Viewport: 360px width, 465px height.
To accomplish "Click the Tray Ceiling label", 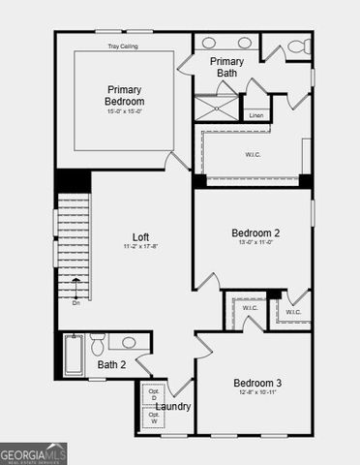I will (125, 45).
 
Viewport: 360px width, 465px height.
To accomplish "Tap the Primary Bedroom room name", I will (125, 95).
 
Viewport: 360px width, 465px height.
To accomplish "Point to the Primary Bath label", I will (227, 67).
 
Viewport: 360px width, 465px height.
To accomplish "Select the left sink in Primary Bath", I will (211, 43).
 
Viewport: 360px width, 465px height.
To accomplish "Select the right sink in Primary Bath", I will (244, 43).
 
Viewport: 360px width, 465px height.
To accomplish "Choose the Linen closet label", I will (255, 115).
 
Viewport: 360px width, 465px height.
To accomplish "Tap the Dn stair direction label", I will (75, 303).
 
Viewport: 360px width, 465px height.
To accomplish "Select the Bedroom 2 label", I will (255, 233).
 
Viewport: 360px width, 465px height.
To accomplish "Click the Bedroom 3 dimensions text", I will (255, 392).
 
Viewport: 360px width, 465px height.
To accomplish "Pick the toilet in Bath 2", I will (97, 346).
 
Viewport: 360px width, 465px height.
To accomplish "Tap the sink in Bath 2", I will (128, 342).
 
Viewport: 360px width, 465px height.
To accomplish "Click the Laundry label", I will (172, 407).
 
